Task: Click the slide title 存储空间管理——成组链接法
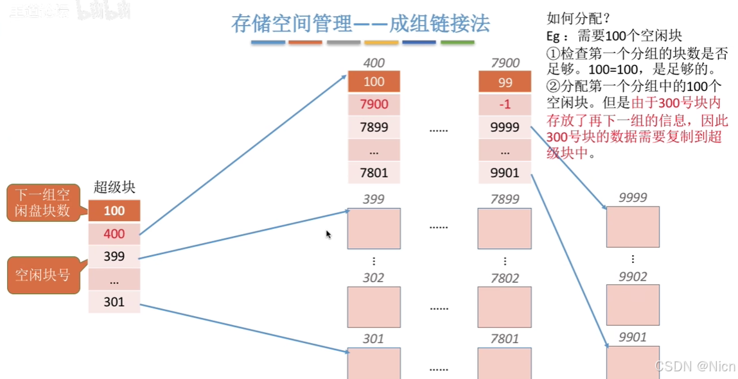[360, 24]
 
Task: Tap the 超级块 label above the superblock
[114, 187]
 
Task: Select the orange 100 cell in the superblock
[114, 211]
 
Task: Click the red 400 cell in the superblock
[114, 234]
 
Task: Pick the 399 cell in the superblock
[114, 257]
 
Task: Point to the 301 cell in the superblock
[114, 302]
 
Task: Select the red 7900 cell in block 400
[374, 105]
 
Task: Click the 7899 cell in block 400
[374, 127]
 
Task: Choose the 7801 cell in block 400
[374, 173]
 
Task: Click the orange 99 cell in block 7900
[505, 82]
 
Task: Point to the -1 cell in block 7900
[505, 105]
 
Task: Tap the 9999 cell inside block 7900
[505, 127]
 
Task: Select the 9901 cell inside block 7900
[505, 173]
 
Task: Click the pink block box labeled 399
[374, 228]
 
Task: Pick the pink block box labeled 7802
[505, 307]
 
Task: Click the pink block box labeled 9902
[633, 305]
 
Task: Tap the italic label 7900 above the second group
[505, 63]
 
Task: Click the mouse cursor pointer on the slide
[328, 234]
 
